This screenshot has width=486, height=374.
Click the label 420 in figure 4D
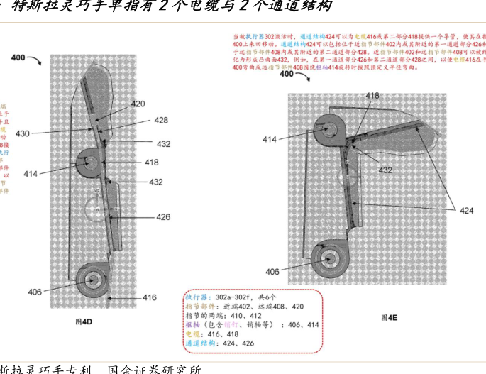click(x=138, y=104)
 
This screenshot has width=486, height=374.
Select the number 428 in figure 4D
click(x=161, y=120)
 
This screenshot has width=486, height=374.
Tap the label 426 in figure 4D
click(x=163, y=216)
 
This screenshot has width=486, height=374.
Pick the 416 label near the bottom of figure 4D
click(x=149, y=297)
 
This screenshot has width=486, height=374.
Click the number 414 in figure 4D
click(x=31, y=172)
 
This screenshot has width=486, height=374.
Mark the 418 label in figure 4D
click(x=151, y=162)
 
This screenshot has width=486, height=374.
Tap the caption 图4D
click(x=84, y=321)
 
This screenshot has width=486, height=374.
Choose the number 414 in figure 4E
click(x=270, y=140)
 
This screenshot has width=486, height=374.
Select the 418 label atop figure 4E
click(x=372, y=95)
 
